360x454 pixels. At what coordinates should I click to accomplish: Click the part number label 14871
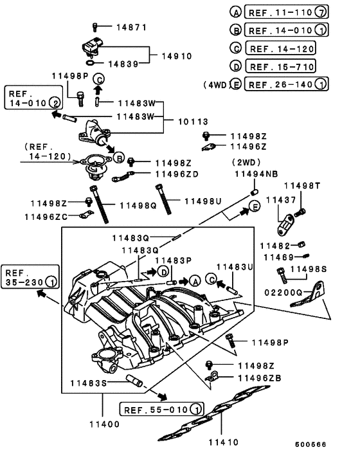pos(131,28)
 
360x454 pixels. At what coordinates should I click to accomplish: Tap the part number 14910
pos(176,56)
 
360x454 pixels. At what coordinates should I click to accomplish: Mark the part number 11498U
pos(203,201)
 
